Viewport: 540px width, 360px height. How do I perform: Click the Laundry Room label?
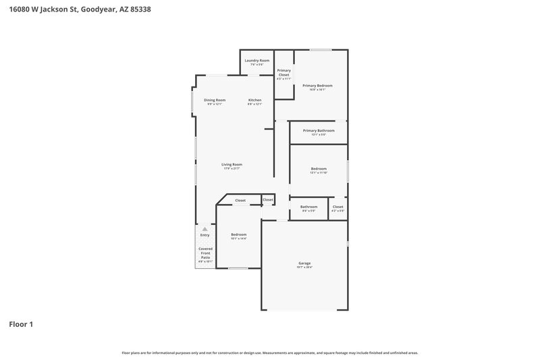pyautogui.click(x=257, y=61)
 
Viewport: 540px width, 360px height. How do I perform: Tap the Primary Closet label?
pyautogui.click(x=283, y=72)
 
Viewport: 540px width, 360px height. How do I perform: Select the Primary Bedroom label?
pyautogui.click(x=317, y=86)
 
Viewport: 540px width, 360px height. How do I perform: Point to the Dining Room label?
pyautogui.click(x=215, y=100)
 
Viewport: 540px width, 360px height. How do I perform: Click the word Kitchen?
pyautogui.click(x=254, y=100)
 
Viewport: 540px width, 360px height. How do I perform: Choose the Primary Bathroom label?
pyautogui.click(x=319, y=130)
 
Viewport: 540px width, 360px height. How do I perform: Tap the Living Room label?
pyautogui.click(x=232, y=164)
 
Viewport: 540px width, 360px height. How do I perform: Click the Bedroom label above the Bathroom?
pyautogui.click(x=319, y=169)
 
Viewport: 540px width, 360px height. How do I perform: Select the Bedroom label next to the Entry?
pyautogui.click(x=238, y=234)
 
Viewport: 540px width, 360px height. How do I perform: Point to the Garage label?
pyautogui.click(x=304, y=263)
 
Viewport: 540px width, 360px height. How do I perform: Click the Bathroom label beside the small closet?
pyautogui.click(x=308, y=207)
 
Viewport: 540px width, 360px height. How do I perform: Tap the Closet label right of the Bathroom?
pyautogui.click(x=337, y=207)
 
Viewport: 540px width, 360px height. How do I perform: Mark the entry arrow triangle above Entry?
pyautogui.click(x=205, y=229)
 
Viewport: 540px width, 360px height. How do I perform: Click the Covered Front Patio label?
pyautogui.click(x=205, y=253)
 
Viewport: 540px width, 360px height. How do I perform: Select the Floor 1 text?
pyautogui.click(x=21, y=324)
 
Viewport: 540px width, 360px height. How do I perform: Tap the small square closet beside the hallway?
pyautogui.click(x=268, y=200)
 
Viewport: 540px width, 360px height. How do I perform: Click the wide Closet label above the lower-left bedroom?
pyautogui.click(x=240, y=201)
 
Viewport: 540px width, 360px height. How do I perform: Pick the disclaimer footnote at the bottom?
pyautogui.click(x=269, y=353)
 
